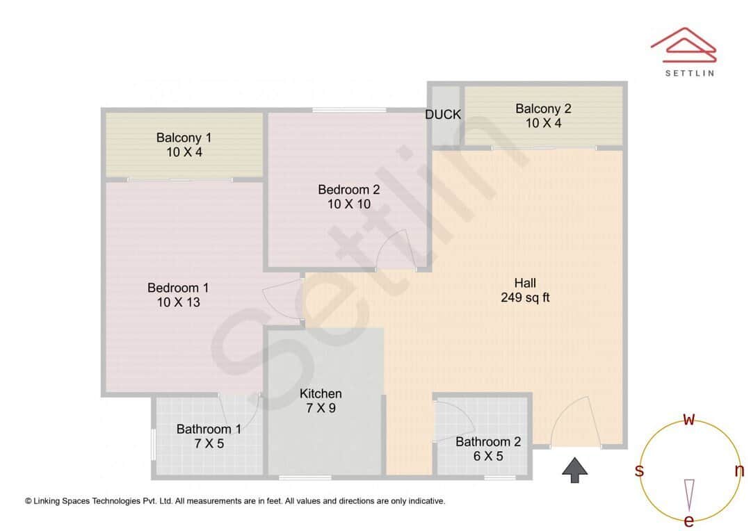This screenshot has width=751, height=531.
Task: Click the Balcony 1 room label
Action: point(184,137)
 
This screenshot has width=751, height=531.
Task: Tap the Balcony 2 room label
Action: point(543,108)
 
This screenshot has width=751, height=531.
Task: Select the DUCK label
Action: point(443,115)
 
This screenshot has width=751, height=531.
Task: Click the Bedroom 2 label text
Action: point(349,189)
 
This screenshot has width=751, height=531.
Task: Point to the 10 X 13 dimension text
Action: point(178,302)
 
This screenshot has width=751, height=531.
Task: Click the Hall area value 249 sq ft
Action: point(525,297)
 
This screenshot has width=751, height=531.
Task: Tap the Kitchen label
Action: point(321,393)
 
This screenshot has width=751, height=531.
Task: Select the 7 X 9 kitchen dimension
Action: point(321,408)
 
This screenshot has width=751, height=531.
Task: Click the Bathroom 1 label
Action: point(209,429)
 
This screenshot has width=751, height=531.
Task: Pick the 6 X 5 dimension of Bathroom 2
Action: point(488,456)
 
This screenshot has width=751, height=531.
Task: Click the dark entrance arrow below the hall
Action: point(574,470)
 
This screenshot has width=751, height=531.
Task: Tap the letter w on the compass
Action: point(689,419)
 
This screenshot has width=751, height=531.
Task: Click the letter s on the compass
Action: point(639,471)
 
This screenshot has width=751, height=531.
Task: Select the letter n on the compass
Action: point(739,471)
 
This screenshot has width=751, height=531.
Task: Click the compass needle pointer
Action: point(689,494)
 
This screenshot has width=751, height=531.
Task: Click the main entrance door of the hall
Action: point(576,423)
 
